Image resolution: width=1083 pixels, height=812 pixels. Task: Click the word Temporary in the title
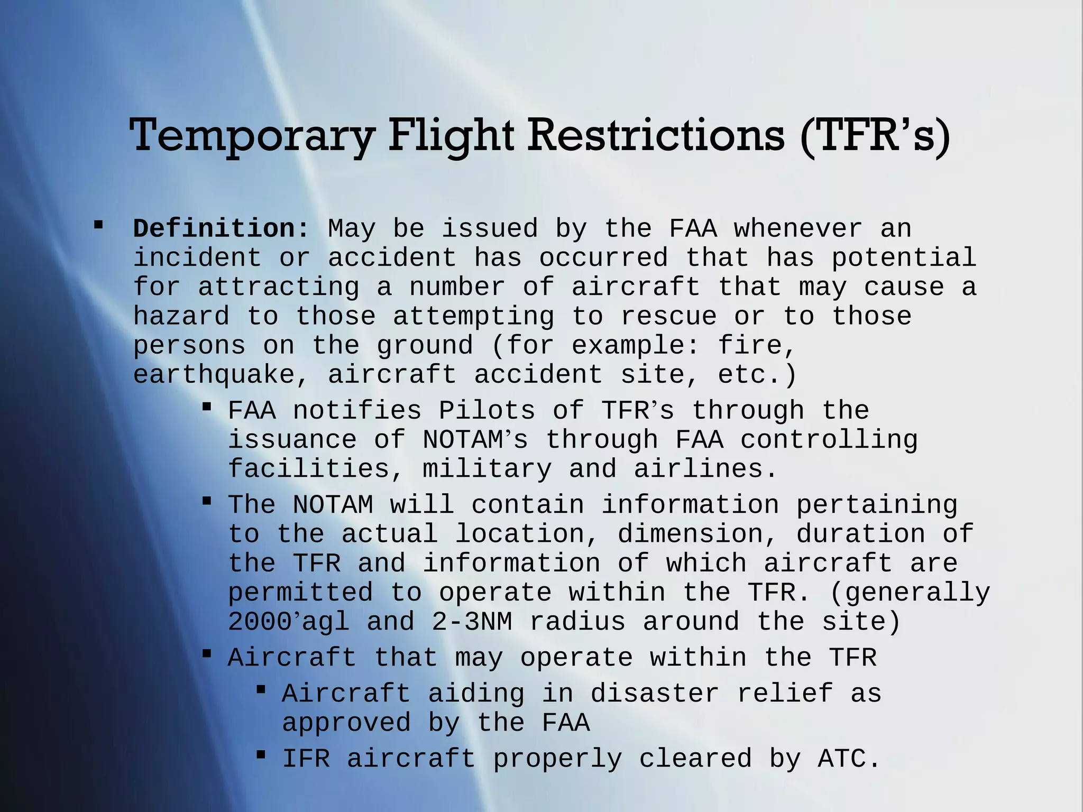[x=252, y=136]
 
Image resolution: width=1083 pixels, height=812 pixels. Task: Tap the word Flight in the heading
[x=451, y=136]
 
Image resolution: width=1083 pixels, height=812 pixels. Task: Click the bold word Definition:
[x=221, y=229]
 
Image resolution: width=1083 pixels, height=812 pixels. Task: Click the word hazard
[x=181, y=316]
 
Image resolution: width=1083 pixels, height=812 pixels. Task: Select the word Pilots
[x=487, y=411]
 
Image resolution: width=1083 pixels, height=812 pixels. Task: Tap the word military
[x=487, y=469]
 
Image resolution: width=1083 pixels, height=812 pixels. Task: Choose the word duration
[x=860, y=534]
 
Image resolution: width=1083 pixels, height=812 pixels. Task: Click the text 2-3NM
[x=472, y=622]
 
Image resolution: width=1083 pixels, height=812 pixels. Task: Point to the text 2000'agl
[x=289, y=622]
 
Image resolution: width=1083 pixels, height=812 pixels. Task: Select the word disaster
[x=655, y=694]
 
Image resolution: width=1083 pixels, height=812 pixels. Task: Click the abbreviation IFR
[x=306, y=759]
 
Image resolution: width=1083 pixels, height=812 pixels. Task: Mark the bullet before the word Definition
[x=98, y=225]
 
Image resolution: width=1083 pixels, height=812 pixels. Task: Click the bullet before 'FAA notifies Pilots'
[x=207, y=407]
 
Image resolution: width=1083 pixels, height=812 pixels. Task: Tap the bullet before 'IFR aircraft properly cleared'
[x=261, y=754]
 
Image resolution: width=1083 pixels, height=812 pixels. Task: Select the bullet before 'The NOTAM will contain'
[x=207, y=501]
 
